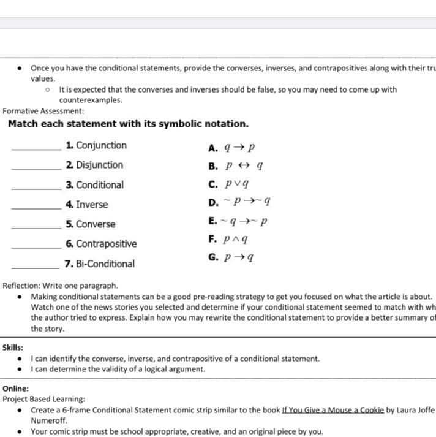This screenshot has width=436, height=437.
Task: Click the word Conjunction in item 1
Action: pos(101,145)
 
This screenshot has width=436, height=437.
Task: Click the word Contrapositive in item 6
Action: pos(106,244)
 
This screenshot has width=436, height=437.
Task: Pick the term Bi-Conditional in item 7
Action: pos(105,264)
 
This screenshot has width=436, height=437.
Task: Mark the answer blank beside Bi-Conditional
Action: pos(36,267)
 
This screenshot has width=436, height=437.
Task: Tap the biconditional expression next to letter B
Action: pos(244,165)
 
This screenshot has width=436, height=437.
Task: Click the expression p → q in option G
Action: pos(239,257)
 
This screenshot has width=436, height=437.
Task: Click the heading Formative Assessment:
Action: pos(43,111)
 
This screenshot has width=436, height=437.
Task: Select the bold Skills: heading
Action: pos(13,347)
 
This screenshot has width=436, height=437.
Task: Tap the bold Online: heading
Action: pos(15,388)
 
